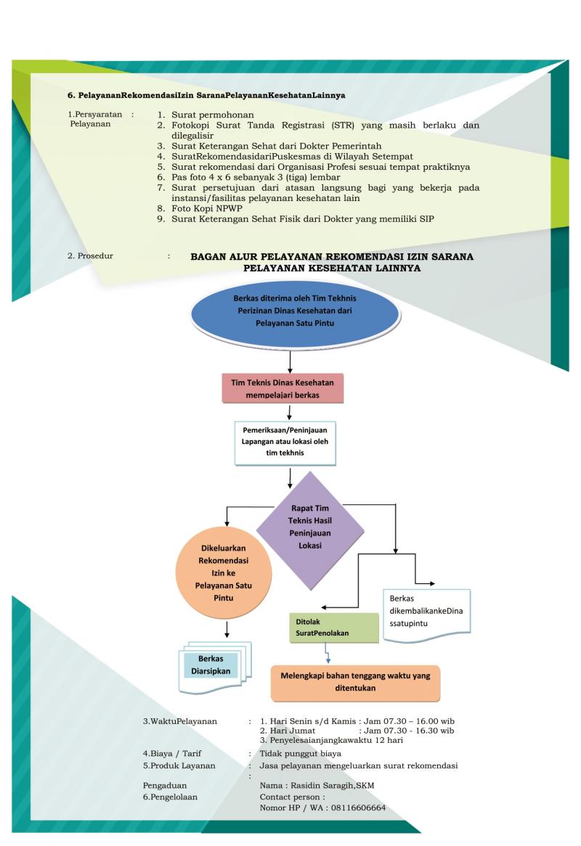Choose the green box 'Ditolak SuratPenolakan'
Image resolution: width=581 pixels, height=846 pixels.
tap(333, 628)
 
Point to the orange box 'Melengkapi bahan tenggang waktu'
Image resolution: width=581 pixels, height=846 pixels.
tap(355, 682)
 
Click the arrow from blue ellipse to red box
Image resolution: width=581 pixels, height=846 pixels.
tap(290, 361)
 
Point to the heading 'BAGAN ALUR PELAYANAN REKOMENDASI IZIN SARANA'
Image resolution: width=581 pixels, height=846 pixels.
tap(332, 257)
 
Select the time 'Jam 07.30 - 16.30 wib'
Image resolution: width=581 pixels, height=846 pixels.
tap(408, 731)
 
